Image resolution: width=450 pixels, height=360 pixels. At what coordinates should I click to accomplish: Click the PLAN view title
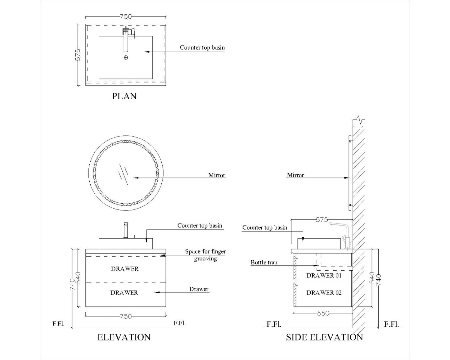(124, 96)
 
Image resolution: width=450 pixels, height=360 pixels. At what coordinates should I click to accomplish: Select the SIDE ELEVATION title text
(324, 337)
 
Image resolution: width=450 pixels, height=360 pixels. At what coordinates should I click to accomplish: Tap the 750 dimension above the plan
(126, 17)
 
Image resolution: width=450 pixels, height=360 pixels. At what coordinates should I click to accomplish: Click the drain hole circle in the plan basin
(126, 57)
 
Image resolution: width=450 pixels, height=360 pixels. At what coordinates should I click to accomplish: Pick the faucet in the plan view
(126, 39)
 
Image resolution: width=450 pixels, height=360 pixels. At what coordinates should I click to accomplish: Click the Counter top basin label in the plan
(202, 48)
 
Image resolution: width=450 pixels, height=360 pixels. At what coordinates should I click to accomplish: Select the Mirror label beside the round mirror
(216, 175)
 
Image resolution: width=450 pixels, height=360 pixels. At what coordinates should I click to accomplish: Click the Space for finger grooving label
(205, 255)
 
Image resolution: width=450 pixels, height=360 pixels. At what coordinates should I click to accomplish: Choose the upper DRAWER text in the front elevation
(125, 269)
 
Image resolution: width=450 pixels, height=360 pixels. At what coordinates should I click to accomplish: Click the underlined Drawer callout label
(199, 289)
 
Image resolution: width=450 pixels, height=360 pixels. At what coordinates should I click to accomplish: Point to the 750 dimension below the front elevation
(126, 316)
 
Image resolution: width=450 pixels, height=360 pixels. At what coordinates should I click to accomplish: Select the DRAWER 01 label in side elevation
(324, 276)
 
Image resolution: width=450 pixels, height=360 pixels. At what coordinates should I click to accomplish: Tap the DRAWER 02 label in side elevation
(324, 293)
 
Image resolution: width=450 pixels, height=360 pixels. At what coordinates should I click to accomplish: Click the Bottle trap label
(264, 263)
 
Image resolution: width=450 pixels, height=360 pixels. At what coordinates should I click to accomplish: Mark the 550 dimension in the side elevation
(323, 313)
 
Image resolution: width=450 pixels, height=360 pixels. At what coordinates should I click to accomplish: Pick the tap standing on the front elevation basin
(126, 230)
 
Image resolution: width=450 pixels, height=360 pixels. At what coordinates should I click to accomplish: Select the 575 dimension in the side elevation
(322, 220)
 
